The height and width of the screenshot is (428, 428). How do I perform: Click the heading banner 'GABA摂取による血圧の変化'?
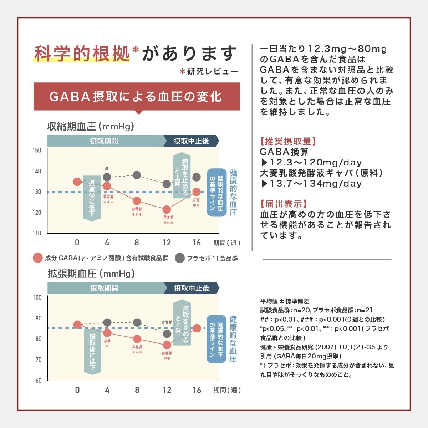137,97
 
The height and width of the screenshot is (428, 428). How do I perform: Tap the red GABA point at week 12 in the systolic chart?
167,209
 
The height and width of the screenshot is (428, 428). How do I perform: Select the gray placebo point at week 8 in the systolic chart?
137,175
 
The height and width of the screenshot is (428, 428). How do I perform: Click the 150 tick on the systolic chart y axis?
37,151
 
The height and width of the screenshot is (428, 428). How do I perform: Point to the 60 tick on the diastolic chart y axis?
39,381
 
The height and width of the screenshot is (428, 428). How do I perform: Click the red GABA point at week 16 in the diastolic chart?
197,328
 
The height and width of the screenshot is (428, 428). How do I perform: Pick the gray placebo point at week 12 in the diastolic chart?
167,334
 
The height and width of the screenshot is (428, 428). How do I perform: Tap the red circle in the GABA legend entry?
37,258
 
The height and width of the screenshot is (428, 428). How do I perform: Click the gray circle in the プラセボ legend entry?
180,258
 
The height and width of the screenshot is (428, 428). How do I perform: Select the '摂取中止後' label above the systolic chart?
191,141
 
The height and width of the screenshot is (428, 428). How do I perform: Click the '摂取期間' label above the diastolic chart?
104,288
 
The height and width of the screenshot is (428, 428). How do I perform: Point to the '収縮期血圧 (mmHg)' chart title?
91,127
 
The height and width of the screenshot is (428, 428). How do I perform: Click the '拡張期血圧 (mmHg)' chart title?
91,274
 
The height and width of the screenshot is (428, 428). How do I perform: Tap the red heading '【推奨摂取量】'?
288,141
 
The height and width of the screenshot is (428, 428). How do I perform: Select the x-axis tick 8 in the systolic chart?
137,243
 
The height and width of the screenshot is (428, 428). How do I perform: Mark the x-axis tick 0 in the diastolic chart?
77,390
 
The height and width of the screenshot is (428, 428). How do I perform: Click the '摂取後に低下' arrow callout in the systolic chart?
92,198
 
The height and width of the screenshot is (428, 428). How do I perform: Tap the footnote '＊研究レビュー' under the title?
209,72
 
